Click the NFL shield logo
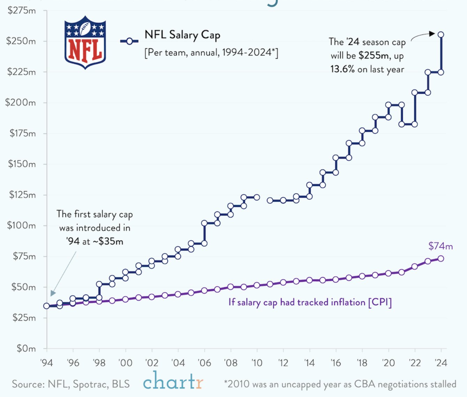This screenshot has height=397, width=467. coord(85,42)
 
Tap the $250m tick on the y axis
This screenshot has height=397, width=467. coord(21,41)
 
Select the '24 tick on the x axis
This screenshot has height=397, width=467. coord(441,363)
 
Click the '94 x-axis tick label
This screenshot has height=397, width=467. coord(46,363)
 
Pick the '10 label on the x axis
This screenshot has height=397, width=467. coord(257,363)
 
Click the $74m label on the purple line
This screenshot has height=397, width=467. coord(441,246)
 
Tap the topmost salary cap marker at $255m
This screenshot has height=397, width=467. coord(441,34)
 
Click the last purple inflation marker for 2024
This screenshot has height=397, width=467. coord(441,258)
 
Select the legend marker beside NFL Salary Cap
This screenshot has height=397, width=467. coord(129,41)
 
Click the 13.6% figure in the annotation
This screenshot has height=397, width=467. coord(342,69)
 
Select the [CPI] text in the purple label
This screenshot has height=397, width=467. coord(380,302)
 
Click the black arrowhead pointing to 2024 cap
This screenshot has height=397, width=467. coord(432,34)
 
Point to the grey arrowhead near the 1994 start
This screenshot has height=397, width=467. coord(53,293)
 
